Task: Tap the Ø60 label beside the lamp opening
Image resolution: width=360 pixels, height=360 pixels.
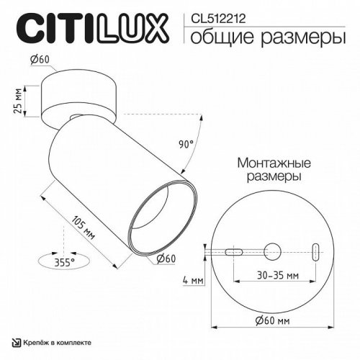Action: click(167, 258)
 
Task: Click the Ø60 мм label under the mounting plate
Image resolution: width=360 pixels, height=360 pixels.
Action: click(271, 320)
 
